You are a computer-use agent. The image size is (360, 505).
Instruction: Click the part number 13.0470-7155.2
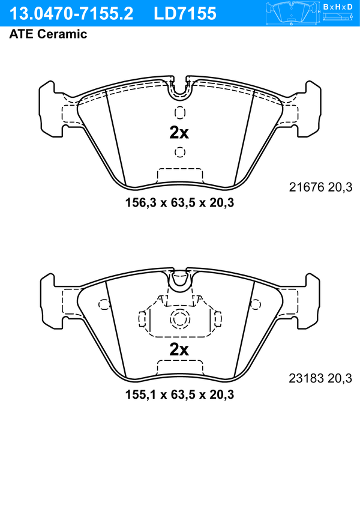point(71,14)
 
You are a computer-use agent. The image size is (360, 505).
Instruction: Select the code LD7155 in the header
point(185,14)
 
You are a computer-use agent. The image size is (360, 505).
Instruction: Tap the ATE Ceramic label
point(48,34)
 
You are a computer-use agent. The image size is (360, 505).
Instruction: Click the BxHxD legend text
point(338,7)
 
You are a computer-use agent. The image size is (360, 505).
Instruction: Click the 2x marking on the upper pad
point(179,132)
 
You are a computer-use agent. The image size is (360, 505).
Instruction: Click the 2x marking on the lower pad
point(179,349)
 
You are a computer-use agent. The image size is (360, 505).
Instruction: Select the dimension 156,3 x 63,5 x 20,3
point(179,202)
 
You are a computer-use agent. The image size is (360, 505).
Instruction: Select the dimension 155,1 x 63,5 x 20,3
point(179,394)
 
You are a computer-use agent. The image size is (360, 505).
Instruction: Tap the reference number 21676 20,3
point(320,187)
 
